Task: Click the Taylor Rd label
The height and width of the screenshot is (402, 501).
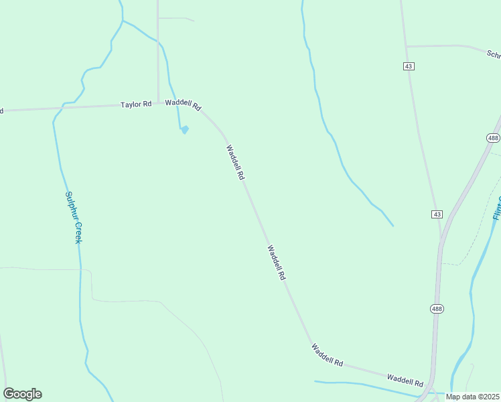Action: pos(136,105)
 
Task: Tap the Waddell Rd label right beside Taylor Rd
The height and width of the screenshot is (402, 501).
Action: pos(183,105)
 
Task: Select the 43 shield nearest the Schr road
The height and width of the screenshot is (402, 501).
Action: pos(409,66)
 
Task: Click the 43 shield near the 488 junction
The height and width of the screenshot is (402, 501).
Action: pos(437,214)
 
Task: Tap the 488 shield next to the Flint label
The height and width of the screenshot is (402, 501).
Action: pos(493,138)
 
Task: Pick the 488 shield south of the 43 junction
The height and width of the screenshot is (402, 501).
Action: pos(437,308)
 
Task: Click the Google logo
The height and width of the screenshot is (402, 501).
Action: pos(22,394)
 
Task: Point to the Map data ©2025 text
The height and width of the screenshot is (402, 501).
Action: pos(473,397)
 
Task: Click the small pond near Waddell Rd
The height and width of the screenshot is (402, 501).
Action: pos(184,129)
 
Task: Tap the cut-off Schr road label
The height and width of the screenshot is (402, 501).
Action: pos(493,54)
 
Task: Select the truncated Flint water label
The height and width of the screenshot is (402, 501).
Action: pos(496,208)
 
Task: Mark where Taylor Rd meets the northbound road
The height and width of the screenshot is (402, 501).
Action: pos(158,104)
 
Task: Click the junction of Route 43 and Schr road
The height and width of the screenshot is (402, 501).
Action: pos(407,46)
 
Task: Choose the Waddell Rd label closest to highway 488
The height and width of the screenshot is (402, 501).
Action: pos(405,380)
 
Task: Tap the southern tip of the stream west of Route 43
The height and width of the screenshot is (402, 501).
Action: pos(393,226)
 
